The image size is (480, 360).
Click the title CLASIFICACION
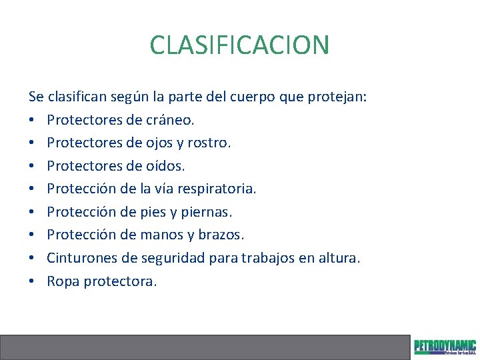(239, 45)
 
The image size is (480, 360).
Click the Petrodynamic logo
(445, 347)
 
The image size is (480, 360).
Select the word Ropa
(63, 281)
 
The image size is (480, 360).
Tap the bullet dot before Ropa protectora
(32, 281)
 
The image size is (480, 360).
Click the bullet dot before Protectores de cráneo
(32, 120)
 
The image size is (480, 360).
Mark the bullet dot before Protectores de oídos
(32, 166)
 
